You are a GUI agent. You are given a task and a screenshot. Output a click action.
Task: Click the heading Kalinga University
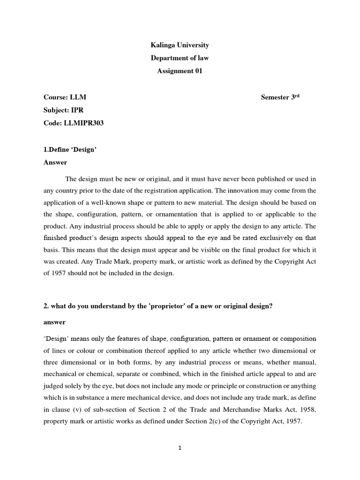[180, 45]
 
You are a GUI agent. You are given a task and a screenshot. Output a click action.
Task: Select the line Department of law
[180, 58]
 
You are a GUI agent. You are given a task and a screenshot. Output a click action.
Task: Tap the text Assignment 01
[180, 71]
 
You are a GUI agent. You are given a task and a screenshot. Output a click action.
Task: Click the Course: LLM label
[65, 97]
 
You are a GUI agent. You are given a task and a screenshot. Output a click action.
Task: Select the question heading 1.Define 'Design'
[70, 150]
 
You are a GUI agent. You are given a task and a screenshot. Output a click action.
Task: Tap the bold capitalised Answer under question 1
[55, 163]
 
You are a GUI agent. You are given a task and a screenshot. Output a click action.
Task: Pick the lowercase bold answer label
[54, 322]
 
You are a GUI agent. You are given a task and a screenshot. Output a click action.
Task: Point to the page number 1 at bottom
[180, 448]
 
